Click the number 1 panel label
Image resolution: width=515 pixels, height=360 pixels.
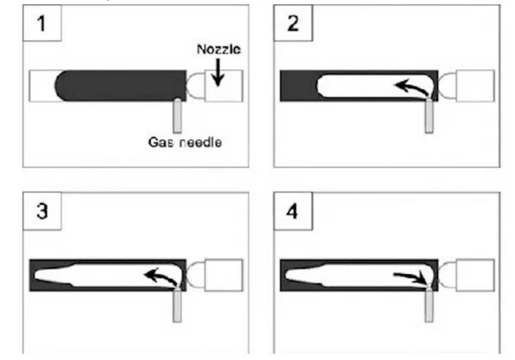click(42, 24)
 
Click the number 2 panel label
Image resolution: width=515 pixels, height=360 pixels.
click(293, 23)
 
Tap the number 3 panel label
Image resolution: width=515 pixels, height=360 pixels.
click(42, 211)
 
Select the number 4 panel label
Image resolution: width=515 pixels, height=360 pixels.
click(293, 211)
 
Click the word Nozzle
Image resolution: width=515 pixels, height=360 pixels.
click(219, 49)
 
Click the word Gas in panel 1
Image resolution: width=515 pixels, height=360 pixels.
click(159, 142)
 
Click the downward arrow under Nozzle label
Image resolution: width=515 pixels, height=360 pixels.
click(218, 73)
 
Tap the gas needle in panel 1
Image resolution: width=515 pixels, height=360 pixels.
click(177, 116)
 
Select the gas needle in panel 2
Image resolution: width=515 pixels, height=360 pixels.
click(428, 116)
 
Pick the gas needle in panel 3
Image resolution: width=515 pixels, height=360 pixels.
click(177, 305)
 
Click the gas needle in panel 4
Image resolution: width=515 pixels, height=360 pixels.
click(428, 305)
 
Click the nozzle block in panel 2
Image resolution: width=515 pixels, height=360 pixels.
click(475, 86)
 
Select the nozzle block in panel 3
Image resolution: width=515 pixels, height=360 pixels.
click(223, 275)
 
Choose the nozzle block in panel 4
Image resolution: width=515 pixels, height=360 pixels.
click(475, 275)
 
